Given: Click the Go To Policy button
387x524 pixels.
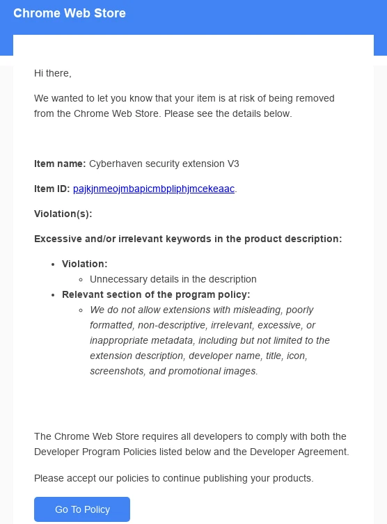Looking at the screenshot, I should coord(82,509).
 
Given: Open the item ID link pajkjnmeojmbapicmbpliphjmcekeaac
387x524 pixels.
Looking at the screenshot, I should coord(153,189).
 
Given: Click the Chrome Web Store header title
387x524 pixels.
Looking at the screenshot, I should coord(70,13).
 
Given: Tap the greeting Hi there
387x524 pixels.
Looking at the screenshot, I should coord(53,73).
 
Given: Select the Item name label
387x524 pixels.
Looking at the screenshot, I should coord(60,164).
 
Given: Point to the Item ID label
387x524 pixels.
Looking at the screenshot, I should coord(52,189).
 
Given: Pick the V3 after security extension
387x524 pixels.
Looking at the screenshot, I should coord(233,164).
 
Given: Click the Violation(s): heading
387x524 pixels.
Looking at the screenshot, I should coord(63,214).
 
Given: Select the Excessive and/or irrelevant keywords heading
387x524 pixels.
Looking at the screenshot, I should coord(188,239).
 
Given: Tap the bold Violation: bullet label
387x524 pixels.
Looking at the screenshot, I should coord(84,264).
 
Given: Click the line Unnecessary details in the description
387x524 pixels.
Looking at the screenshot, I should coord(173,279).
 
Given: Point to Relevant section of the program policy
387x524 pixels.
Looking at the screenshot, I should coord(156,294).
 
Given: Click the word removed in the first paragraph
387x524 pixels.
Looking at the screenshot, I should coord(317,98).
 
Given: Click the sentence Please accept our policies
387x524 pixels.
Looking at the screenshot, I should coord(174,478).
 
